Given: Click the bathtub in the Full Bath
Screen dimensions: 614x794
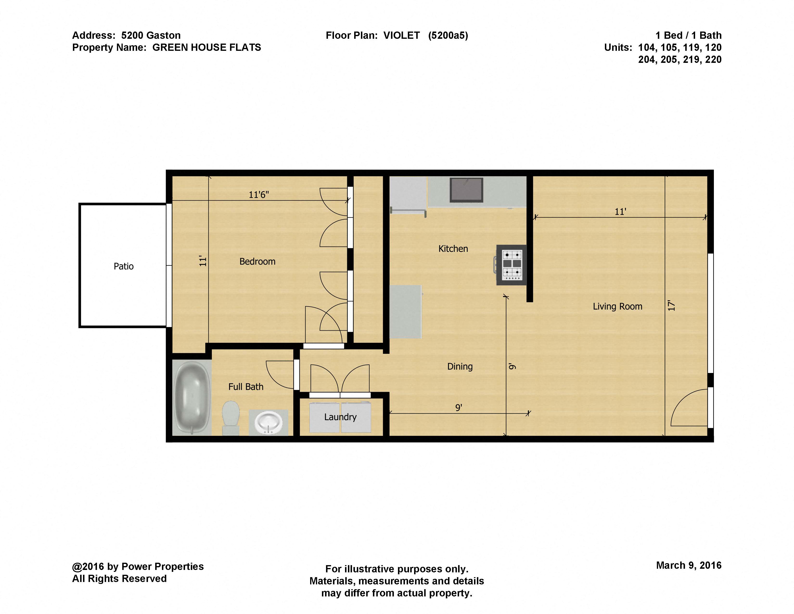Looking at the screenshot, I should click(192, 397).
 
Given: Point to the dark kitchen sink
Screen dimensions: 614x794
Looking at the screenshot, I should click(466, 189).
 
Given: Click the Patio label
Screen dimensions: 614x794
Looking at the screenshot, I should click(124, 266).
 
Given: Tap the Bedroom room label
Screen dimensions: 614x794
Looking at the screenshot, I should click(257, 261).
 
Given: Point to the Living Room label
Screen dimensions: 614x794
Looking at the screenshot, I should click(617, 306).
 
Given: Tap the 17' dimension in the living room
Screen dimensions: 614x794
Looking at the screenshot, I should click(671, 306).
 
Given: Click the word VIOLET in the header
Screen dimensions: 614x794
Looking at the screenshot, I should click(401, 35).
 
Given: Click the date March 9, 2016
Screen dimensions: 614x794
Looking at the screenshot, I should click(689, 565).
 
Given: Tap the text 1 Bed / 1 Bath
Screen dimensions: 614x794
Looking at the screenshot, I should click(688, 35).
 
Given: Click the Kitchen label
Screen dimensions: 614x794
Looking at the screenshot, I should click(453, 249).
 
